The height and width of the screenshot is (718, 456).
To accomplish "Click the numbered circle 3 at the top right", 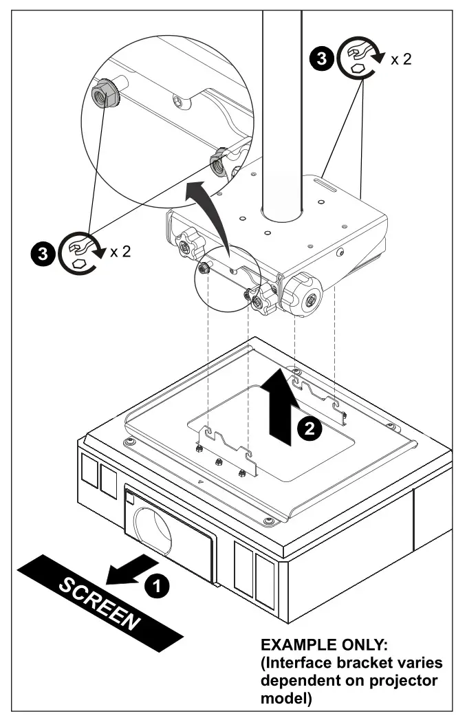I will click(x=321, y=60).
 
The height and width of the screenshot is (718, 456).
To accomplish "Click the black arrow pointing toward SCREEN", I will click(x=129, y=569).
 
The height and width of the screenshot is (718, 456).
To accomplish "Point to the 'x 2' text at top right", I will click(x=401, y=59).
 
